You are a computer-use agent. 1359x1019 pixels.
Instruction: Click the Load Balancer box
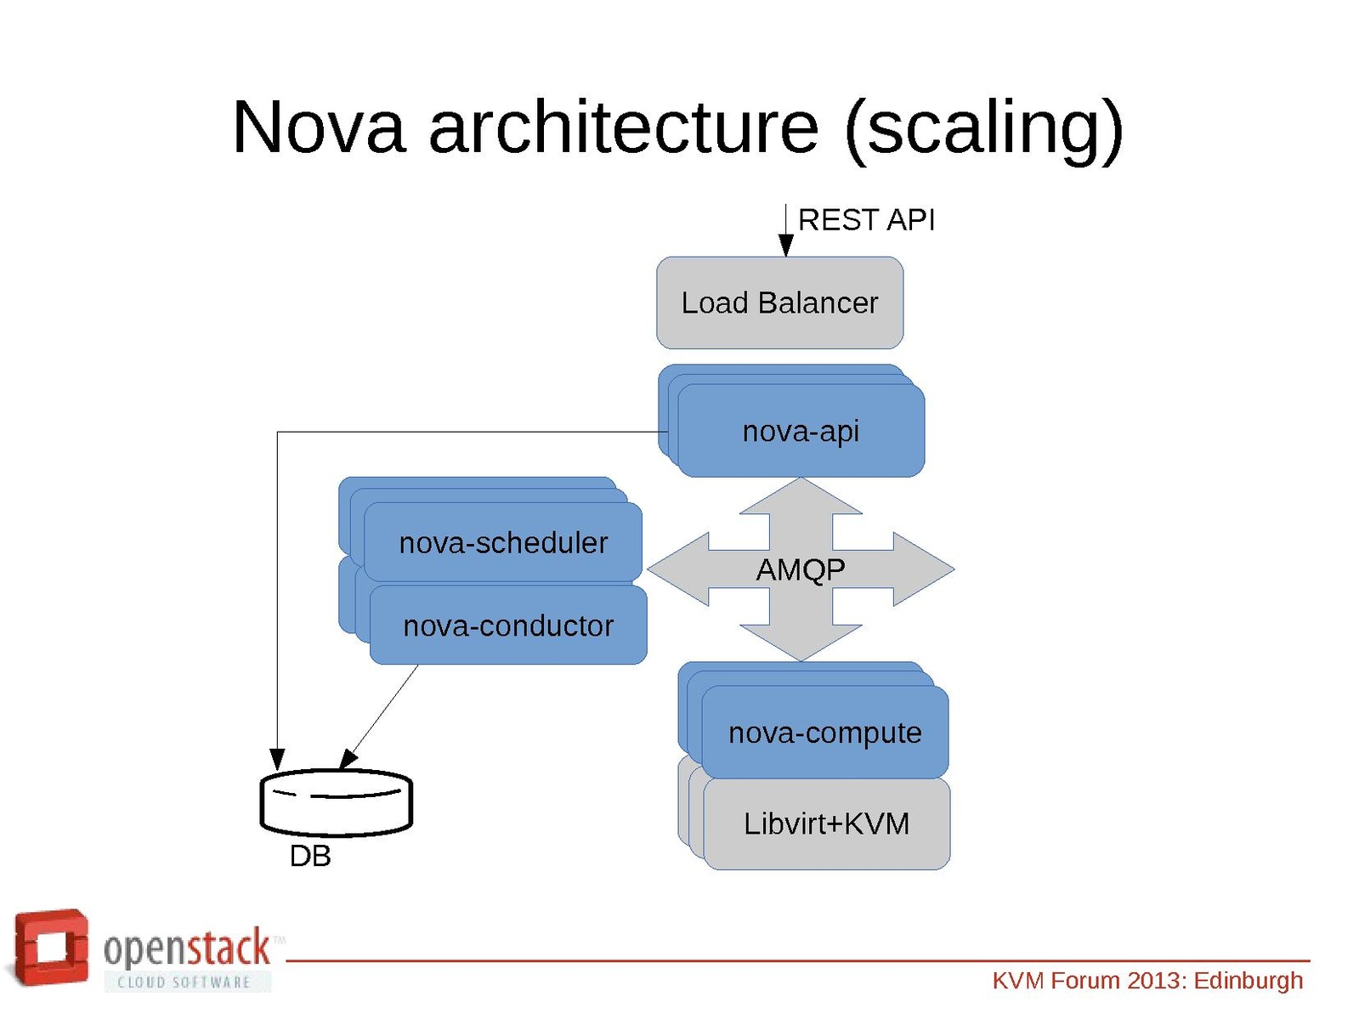[x=779, y=303]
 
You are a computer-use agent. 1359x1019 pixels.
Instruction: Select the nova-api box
[x=801, y=431]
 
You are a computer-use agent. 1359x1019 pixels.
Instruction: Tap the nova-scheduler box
[x=502, y=542]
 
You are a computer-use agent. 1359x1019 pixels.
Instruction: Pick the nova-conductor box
[x=507, y=626]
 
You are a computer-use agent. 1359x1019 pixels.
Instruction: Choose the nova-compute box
[x=824, y=732]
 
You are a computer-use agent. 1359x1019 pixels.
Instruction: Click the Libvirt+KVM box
[x=826, y=824]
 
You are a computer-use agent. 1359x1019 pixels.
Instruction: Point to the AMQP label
[x=801, y=569]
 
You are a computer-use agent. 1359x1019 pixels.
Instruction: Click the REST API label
[x=866, y=220]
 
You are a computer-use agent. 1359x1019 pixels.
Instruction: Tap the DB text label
[x=310, y=856]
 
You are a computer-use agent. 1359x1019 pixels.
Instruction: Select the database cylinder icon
[x=336, y=801]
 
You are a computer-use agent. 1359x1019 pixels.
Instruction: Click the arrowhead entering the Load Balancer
[x=786, y=246]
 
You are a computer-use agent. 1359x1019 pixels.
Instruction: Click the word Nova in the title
[x=319, y=127]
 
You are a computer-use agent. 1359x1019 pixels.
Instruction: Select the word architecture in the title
[x=623, y=127]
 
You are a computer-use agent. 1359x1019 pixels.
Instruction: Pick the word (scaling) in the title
[x=984, y=127]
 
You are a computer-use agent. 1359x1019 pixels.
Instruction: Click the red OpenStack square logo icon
[x=51, y=948]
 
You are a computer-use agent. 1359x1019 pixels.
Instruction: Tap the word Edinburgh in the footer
[x=1248, y=981]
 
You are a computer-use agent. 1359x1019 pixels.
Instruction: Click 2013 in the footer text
[x=1154, y=981]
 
